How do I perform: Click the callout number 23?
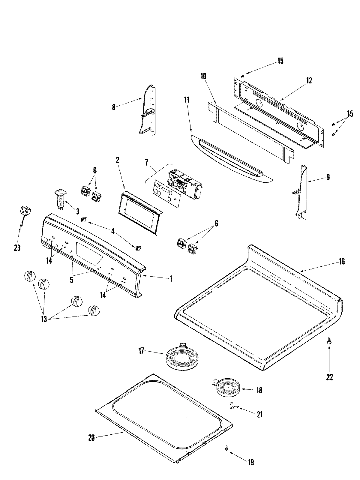coord(17,248)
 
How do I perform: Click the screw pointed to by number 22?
coord(329,341)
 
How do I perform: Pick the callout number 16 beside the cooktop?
coord(342,262)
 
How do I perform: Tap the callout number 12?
coord(309,80)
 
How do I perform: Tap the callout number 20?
coord(91,438)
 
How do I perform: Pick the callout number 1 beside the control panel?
coord(171,279)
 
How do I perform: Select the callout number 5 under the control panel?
coord(71,280)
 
